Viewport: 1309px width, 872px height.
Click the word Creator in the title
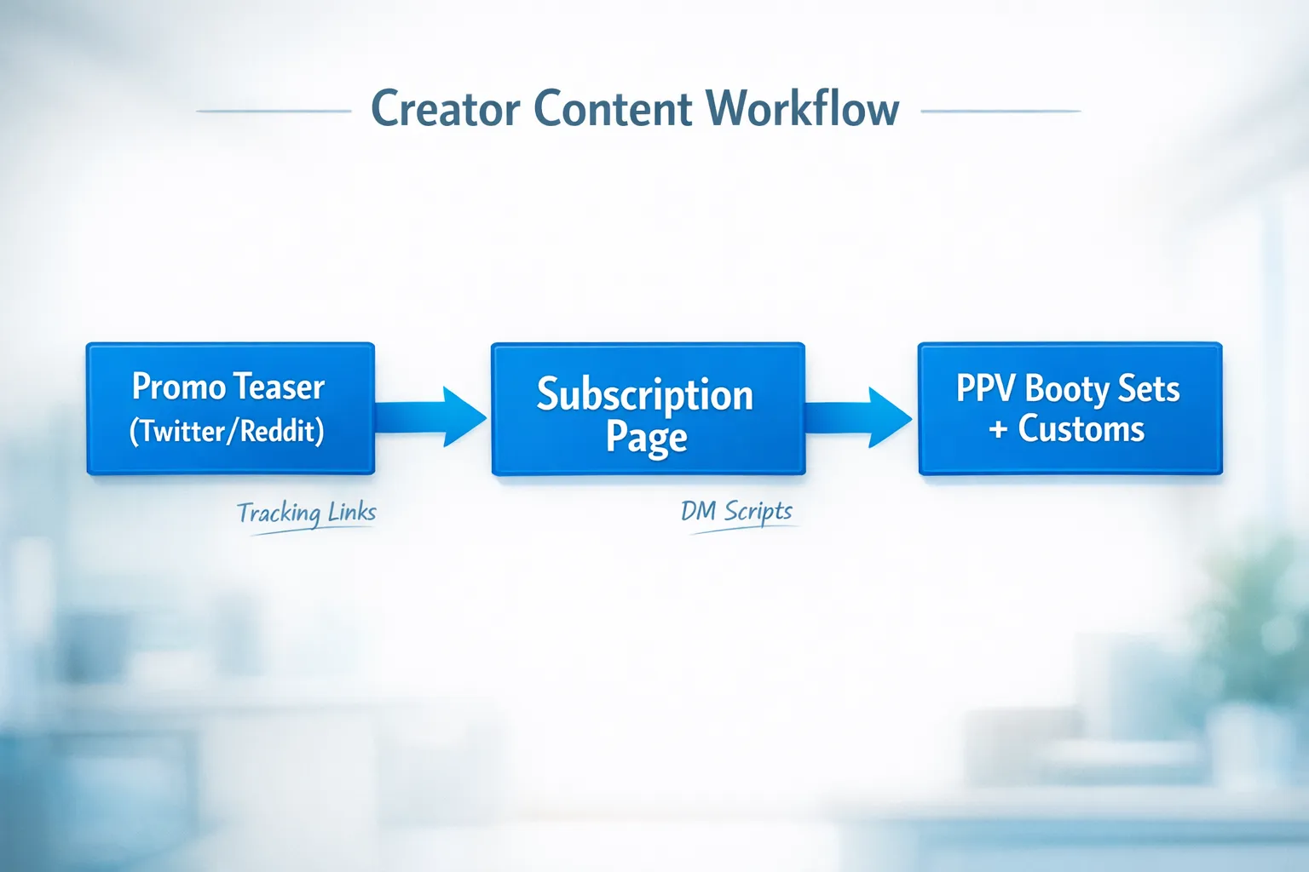(x=445, y=109)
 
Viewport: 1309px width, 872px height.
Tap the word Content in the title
(x=613, y=109)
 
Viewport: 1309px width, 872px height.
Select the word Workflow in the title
(x=802, y=109)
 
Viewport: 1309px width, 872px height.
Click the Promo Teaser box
(x=230, y=409)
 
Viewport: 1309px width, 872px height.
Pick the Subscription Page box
(x=648, y=410)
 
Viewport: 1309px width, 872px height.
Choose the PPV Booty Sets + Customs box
(x=1070, y=409)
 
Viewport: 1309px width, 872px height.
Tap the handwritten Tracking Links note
(x=307, y=513)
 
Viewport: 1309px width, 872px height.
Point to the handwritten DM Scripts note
(x=736, y=511)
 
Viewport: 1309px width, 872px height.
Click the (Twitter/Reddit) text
(x=227, y=431)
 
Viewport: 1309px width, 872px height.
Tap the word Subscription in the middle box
(x=645, y=395)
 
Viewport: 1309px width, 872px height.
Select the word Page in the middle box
(x=646, y=438)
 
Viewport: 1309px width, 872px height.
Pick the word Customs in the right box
(x=1081, y=429)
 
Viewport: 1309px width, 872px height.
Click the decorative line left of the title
(x=274, y=111)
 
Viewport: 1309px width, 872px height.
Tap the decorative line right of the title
(x=1000, y=111)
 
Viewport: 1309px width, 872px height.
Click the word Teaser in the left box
(x=280, y=387)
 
